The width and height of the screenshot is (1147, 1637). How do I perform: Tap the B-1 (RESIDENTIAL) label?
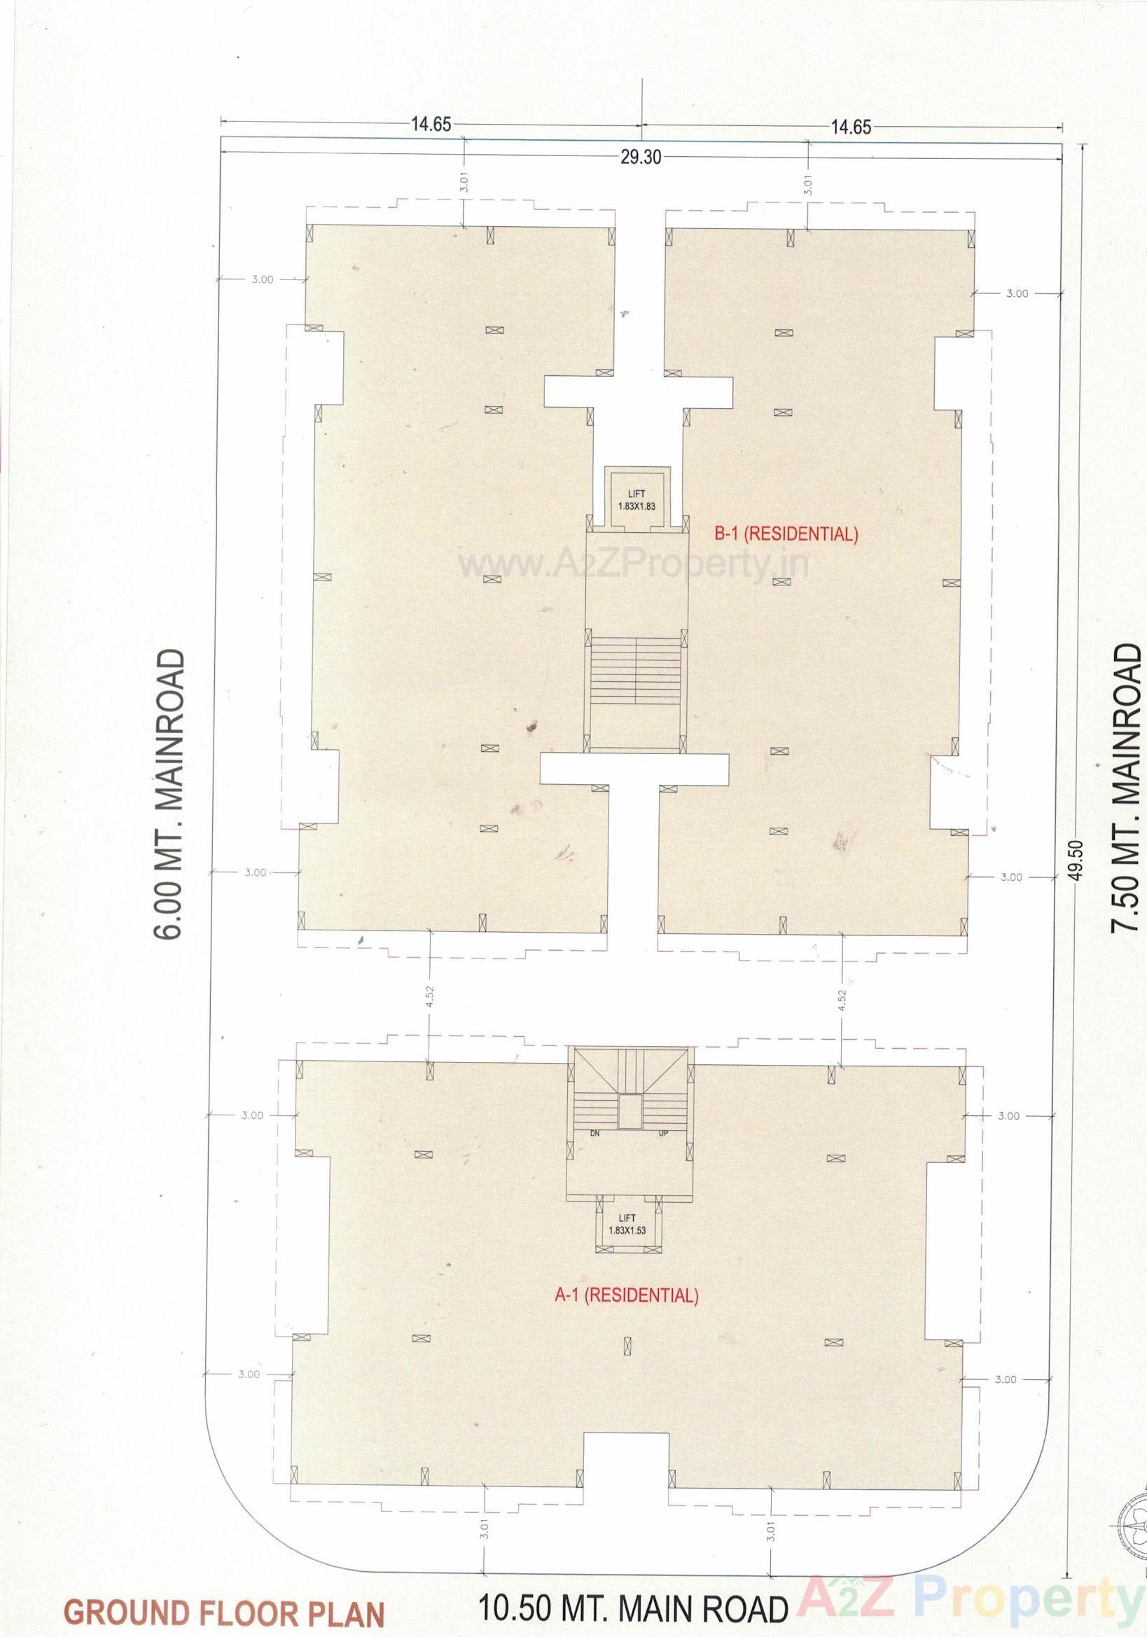[786, 534]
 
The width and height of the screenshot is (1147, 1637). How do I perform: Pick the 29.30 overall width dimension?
[640, 158]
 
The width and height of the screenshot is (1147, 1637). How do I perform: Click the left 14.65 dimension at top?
[431, 124]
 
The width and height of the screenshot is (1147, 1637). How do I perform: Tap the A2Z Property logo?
[971, 1604]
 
